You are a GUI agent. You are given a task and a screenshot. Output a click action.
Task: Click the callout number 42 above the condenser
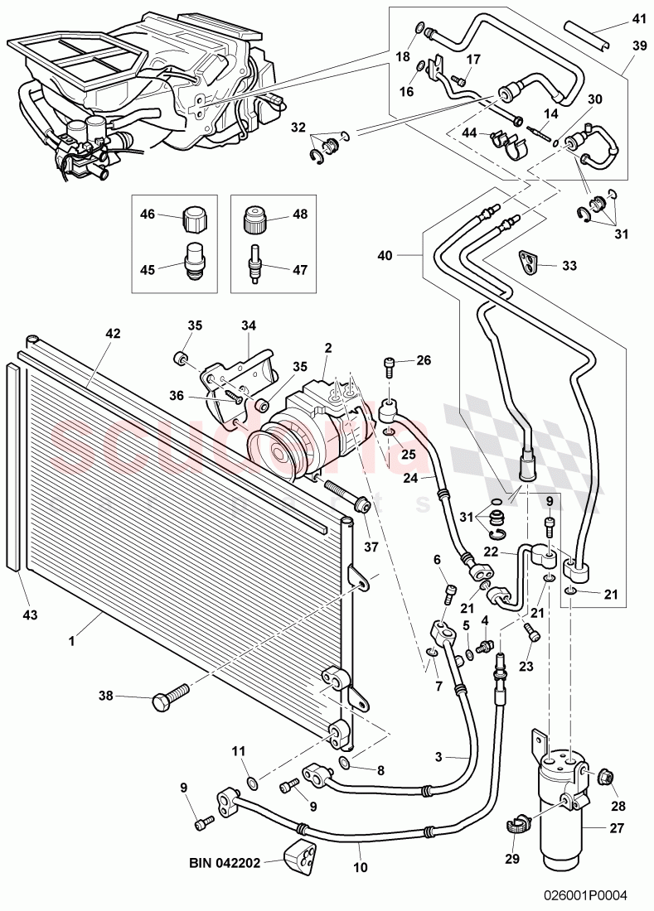point(113,334)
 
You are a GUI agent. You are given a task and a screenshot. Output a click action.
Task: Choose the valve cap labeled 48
point(251,219)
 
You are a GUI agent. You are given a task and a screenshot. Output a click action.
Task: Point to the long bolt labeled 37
point(344,494)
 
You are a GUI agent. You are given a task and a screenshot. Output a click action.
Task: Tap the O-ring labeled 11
point(253,781)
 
